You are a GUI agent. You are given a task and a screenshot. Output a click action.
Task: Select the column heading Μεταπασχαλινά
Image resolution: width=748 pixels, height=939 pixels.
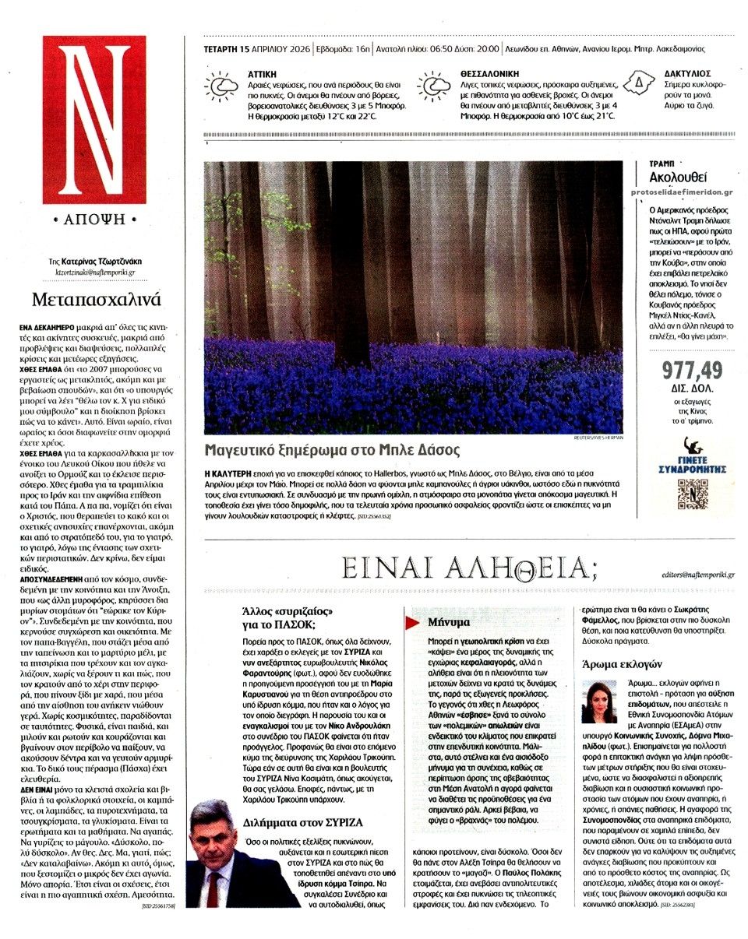pyautogui.click(x=97, y=300)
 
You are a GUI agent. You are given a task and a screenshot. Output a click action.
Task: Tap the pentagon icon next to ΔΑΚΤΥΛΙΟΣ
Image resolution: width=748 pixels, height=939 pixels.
pyautogui.click(x=639, y=82)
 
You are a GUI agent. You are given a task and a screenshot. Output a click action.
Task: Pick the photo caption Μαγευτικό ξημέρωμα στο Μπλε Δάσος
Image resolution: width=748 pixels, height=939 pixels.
pyautogui.click(x=332, y=450)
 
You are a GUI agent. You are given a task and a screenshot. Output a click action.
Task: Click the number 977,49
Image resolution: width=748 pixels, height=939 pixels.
pyautogui.click(x=692, y=371)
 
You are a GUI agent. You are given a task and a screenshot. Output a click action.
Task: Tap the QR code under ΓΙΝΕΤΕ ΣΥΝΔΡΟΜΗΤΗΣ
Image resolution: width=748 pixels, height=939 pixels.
pyautogui.click(x=692, y=493)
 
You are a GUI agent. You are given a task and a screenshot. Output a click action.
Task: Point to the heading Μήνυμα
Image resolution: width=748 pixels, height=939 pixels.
pyautogui.click(x=449, y=622)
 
